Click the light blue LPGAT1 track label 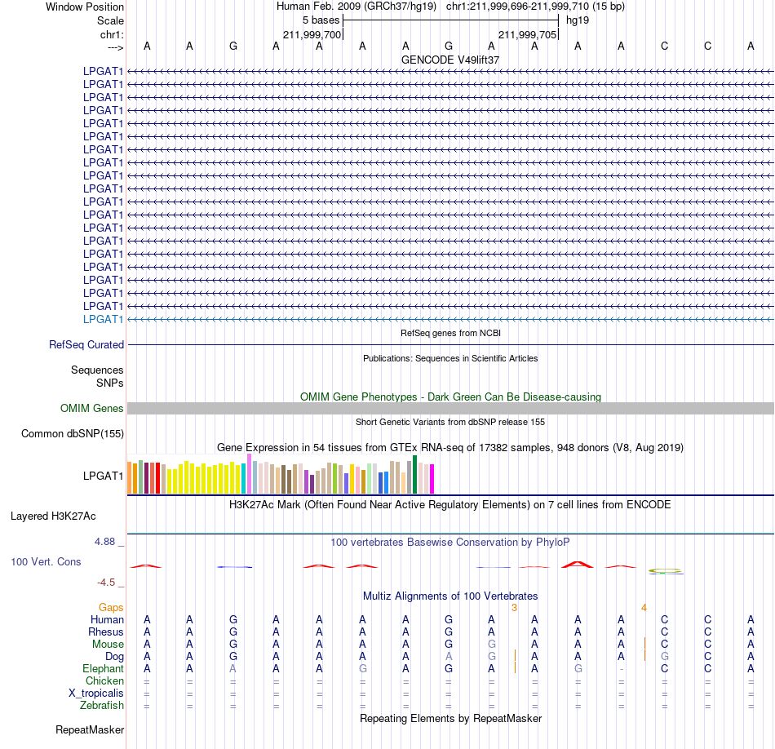point(103,319)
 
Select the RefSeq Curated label point(86,344)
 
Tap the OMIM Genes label point(92,409)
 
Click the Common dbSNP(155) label point(73,433)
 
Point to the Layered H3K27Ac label point(53,516)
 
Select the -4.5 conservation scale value point(106,583)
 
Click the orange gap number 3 point(515,608)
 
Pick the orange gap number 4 point(644,608)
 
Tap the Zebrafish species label point(102,706)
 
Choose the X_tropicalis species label point(96,694)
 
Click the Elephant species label point(104,669)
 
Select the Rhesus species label point(106,632)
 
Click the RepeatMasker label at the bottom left point(90,729)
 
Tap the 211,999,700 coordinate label point(312,34)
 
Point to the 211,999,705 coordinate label point(527,34)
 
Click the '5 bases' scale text point(321,20)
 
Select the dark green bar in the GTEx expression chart point(414,475)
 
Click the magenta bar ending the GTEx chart point(432,479)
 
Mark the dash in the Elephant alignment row point(622,669)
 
